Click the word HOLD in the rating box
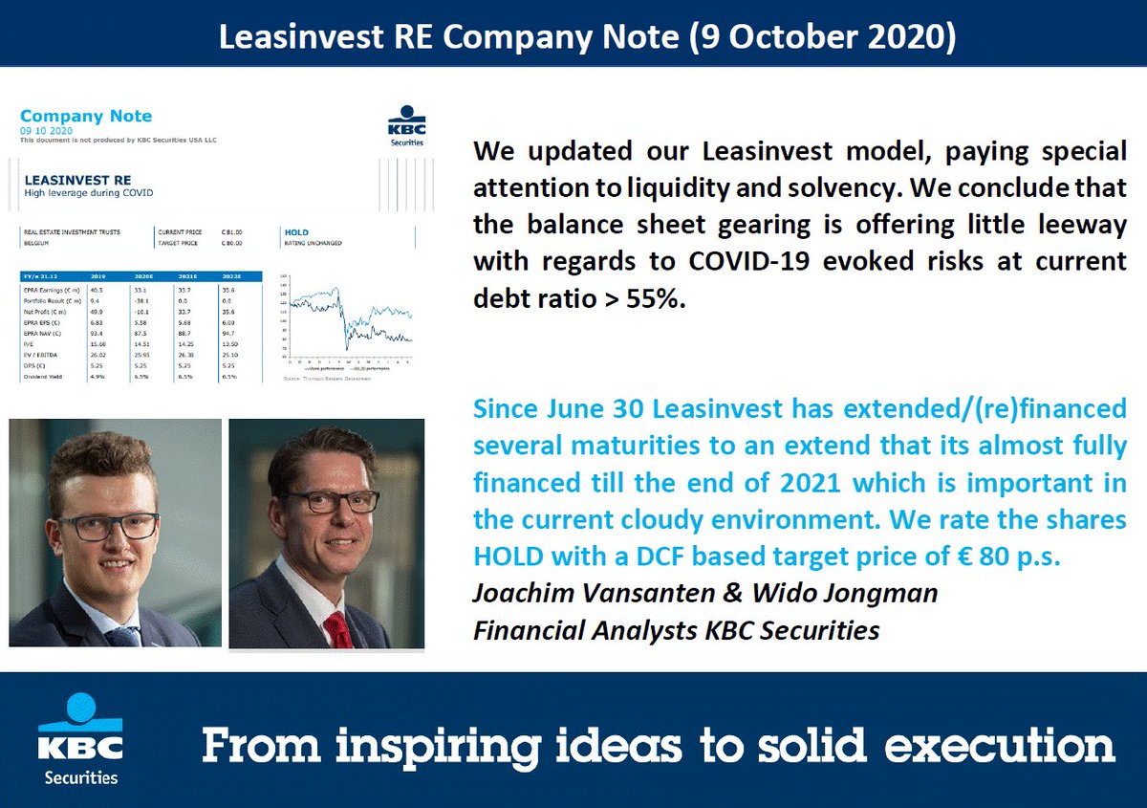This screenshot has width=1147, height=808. pos(296,231)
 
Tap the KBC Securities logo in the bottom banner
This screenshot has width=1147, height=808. pos(80,740)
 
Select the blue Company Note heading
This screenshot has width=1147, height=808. pos(86,116)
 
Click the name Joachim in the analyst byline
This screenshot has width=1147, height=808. pos(525,593)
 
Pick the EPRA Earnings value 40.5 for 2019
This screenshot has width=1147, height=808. pos(96,288)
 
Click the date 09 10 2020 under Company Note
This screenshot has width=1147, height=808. pos(46,130)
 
